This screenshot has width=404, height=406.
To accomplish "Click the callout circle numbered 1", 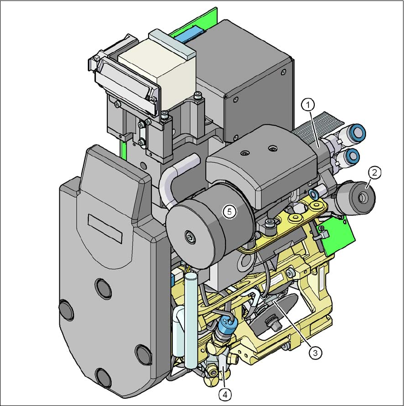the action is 308,105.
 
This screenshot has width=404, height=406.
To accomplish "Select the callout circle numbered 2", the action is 375,172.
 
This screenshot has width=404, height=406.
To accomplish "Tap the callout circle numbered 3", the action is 315,353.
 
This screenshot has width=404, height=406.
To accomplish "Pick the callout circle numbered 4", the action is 225,395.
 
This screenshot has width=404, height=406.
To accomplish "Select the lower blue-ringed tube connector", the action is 351,156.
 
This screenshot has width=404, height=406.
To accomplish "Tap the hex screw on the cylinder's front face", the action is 190,236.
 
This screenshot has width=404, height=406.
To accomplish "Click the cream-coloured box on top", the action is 158,70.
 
